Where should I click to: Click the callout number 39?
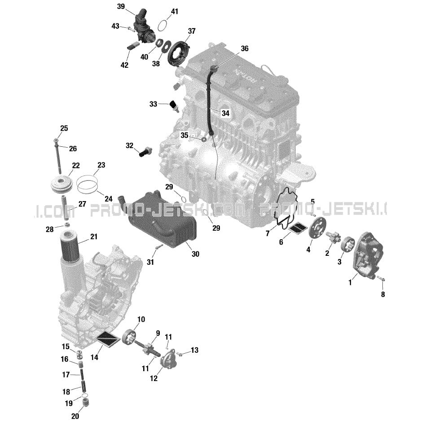tap(121, 6)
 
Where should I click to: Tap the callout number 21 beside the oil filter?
tap(94, 237)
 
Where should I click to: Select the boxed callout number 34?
tap(225, 113)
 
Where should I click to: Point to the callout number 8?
tap(383, 294)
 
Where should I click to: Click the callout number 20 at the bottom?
tap(75, 416)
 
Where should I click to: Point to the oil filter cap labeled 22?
tap(62, 184)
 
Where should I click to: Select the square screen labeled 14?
tap(108, 339)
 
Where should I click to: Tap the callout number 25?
tap(64, 128)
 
